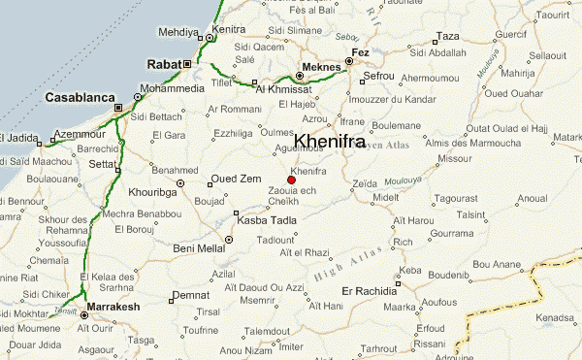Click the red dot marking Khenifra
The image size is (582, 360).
pyautogui.click(x=291, y=180)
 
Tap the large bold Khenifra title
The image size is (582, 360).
pyautogui.click(x=336, y=141)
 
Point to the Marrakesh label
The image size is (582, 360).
pyautogui.click(x=114, y=308)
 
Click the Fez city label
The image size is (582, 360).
pyautogui.click(x=360, y=50)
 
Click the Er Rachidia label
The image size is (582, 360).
pyautogui.click(x=365, y=290)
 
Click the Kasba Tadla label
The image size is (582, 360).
pyautogui.click(x=267, y=220)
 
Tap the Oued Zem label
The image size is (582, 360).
pyautogui.click(x=238, y=179)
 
